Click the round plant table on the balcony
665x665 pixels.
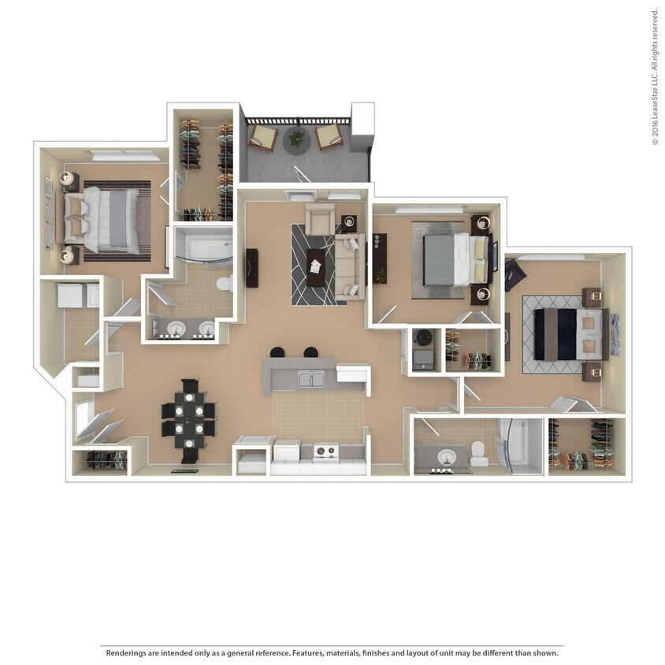click(295, 138)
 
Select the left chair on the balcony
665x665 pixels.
click(263, 138)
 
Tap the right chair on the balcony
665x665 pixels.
click(329, 138)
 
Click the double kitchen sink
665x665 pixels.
click(311, 381)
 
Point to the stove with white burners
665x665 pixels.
click(325, 451)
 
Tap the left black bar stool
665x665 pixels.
click(277, 353)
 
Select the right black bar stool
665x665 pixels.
click(310, 353)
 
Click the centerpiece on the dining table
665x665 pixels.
click(189, 418)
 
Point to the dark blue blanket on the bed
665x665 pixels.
click(555, 334)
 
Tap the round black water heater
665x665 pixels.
click(422, 336)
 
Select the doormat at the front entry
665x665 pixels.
click(182, 470)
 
